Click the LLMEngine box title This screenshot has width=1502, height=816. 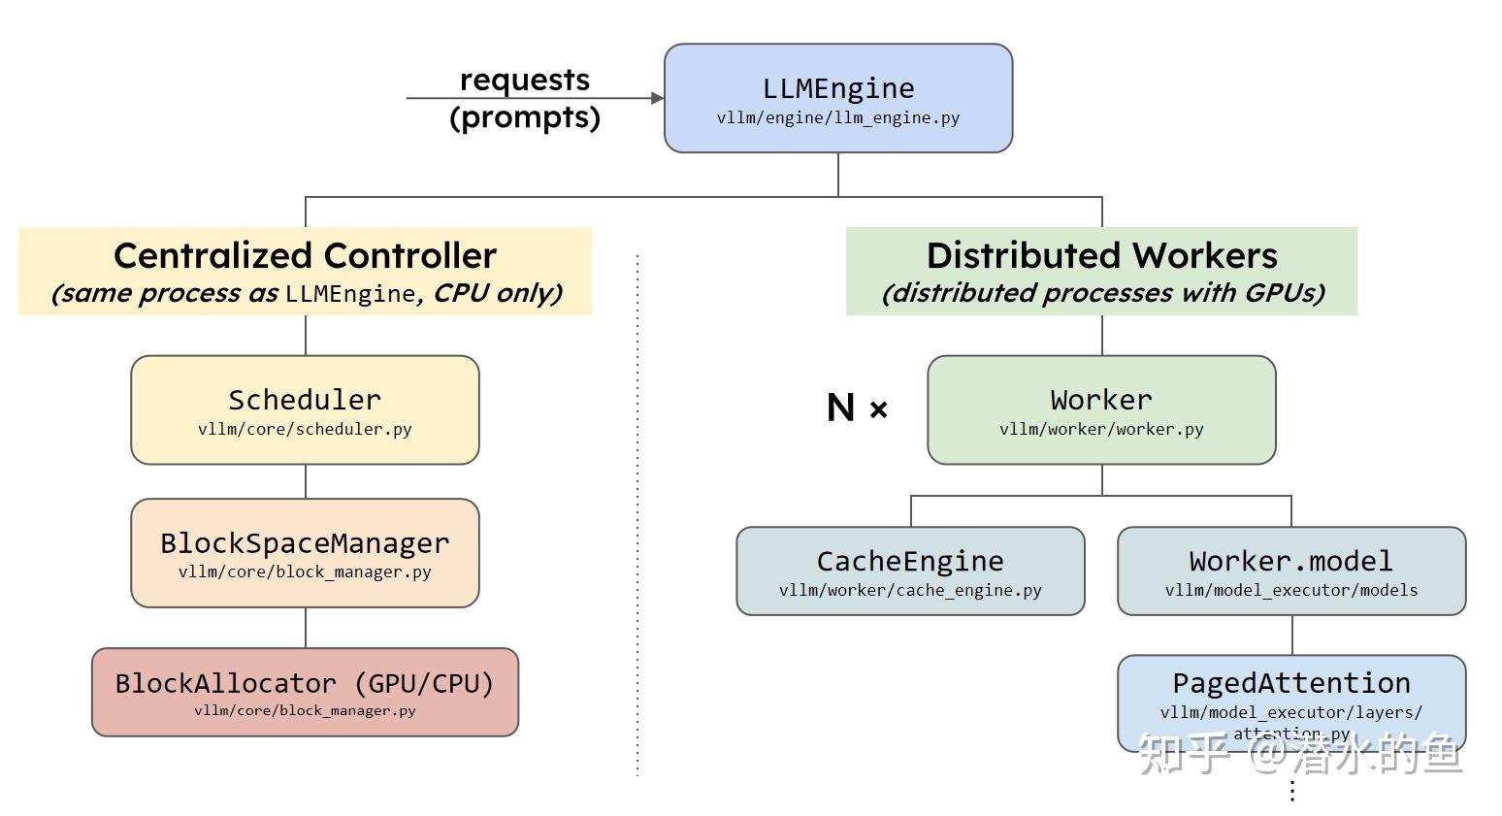838,88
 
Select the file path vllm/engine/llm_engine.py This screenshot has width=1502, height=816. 838,118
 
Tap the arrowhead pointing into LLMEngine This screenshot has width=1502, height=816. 657,98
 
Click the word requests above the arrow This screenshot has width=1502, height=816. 524,80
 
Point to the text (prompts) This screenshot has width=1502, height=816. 524,117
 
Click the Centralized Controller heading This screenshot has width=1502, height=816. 305,255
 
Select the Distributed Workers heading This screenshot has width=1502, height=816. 1101,255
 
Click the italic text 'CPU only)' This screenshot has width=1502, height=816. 497,293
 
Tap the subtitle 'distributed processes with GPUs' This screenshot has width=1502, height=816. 1102,293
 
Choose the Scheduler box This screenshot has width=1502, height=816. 305,409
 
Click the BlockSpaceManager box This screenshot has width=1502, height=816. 305,552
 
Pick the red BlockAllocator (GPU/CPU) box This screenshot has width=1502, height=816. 305,692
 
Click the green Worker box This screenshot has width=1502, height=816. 1101,409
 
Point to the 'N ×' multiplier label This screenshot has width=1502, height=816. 857,408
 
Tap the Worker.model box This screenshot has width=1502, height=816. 1291,571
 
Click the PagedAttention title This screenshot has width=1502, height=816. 1291,683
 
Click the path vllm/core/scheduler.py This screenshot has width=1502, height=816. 305,429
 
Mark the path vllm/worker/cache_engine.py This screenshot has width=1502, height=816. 910,590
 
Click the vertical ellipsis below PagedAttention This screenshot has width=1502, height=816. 1292,791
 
